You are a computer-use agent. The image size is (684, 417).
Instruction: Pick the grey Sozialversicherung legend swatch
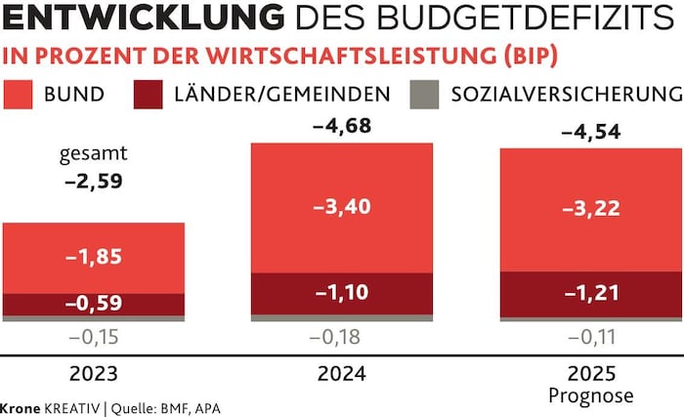pos(425,94)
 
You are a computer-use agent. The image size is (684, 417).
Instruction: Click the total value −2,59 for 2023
pos(93,181)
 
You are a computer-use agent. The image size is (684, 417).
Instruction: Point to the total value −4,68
pos(340,126)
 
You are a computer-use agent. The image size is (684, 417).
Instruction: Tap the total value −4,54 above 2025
pos(590,131)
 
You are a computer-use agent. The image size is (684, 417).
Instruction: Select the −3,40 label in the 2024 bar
pos(341,207)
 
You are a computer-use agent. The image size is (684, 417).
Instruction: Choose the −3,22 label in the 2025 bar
pos(590,210)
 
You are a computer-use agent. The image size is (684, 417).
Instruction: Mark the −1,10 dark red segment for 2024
pos(341,293)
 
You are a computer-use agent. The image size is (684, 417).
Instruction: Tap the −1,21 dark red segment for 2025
pos(590,293)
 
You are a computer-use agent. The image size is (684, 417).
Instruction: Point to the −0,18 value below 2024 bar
pos(341,338)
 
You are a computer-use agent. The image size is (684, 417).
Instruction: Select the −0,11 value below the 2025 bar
pos(590,338)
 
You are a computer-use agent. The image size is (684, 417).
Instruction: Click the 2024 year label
pos(341,374)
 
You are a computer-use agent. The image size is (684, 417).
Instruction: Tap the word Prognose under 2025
pos(590,396)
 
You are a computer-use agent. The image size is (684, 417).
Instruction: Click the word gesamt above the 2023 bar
pos(93,154)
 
